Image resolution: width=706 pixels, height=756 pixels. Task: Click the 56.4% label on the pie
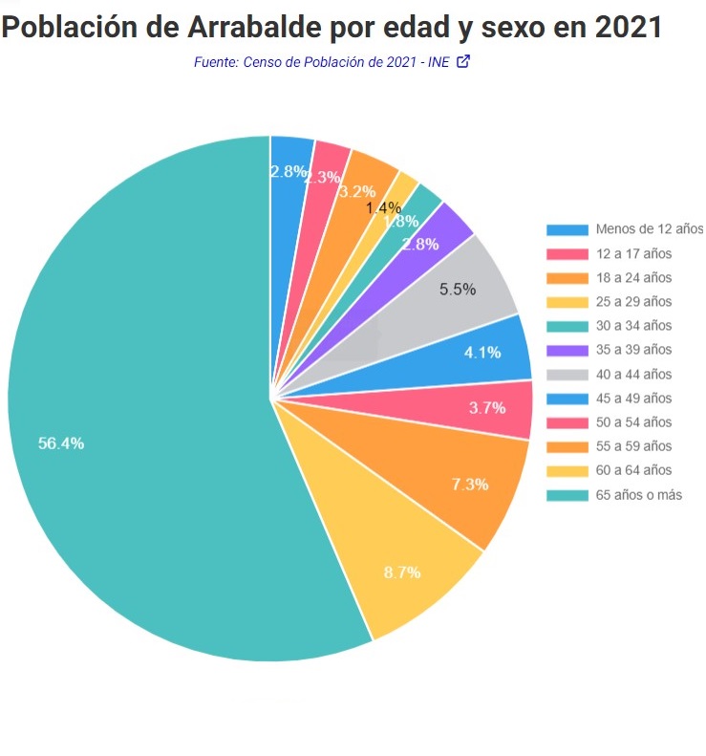coord(61,443)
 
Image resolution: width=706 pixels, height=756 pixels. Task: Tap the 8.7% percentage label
coord(402,572)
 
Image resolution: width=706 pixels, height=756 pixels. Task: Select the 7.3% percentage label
coord(470,484)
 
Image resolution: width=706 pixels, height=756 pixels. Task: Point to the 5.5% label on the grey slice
coord(458,290)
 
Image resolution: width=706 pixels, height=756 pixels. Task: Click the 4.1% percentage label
coord(482,352)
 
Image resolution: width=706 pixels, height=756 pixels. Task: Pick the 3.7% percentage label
coord(487,407)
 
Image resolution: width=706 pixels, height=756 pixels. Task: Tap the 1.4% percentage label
coord(383,207)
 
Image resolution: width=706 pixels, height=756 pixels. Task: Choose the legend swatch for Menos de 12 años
coord(567,229)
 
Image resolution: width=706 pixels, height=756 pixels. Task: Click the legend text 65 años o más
coord(638,495)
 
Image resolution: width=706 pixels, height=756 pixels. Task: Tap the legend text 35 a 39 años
coord(633,350)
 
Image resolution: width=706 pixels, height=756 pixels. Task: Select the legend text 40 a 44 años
coord(633,375)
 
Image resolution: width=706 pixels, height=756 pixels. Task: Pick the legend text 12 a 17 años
coord(633,253)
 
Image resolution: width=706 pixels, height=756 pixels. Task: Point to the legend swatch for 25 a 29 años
coord(567,302)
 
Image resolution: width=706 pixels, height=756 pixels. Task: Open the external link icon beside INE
coord(464,62)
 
